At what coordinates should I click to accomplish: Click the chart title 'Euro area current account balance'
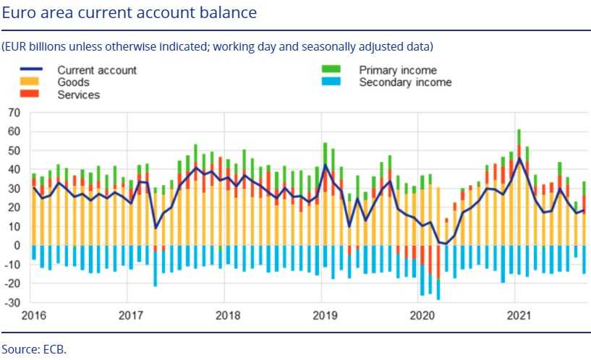(129, 13)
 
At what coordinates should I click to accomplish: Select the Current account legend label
(97, 70)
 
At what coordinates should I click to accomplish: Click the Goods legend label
(74, 82)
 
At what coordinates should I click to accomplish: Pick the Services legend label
(78, 95)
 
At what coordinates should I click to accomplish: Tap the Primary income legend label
(398, 70)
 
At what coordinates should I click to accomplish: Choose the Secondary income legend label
(405, 82)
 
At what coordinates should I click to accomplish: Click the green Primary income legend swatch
(331, 70)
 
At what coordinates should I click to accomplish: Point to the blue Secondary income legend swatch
(331, 82)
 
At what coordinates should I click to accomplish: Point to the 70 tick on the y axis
(14, 113)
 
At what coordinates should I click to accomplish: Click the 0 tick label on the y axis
(17, 246)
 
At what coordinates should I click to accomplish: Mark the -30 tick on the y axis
(12, 302)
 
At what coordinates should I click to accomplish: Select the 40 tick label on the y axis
(14, 170)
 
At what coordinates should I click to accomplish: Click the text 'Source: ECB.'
(33, 348)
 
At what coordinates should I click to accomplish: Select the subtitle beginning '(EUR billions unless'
(217, 47)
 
